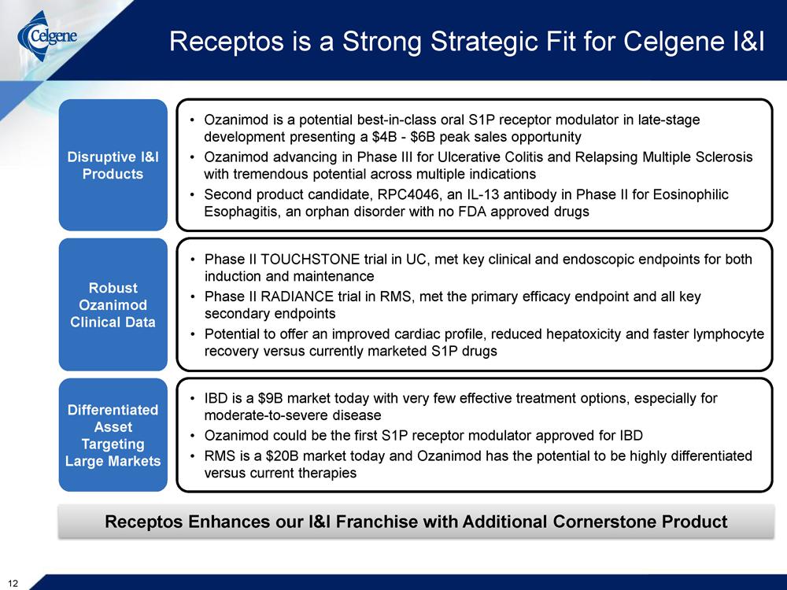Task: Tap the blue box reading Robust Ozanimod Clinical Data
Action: click(113, 304)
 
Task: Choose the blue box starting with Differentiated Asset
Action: click(113, 435)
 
